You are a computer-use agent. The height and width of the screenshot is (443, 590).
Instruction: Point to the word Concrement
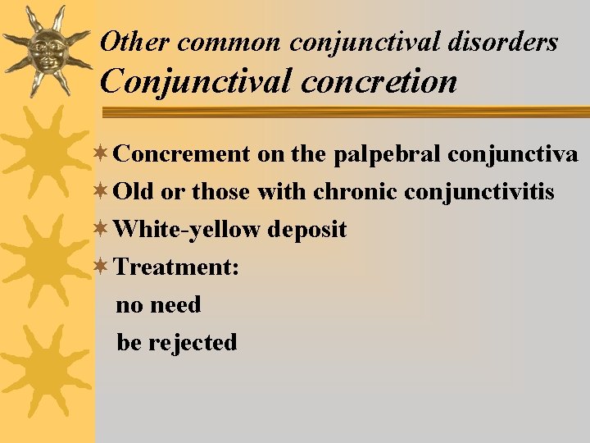pos(182,153)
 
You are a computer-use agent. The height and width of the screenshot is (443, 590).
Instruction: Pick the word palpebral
pos(373,153)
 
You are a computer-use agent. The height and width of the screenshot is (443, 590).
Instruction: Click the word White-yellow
pos(189,229)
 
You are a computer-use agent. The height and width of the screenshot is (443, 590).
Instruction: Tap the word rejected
pos(193,342)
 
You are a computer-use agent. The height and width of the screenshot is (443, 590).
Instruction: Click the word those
pos(222,192)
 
